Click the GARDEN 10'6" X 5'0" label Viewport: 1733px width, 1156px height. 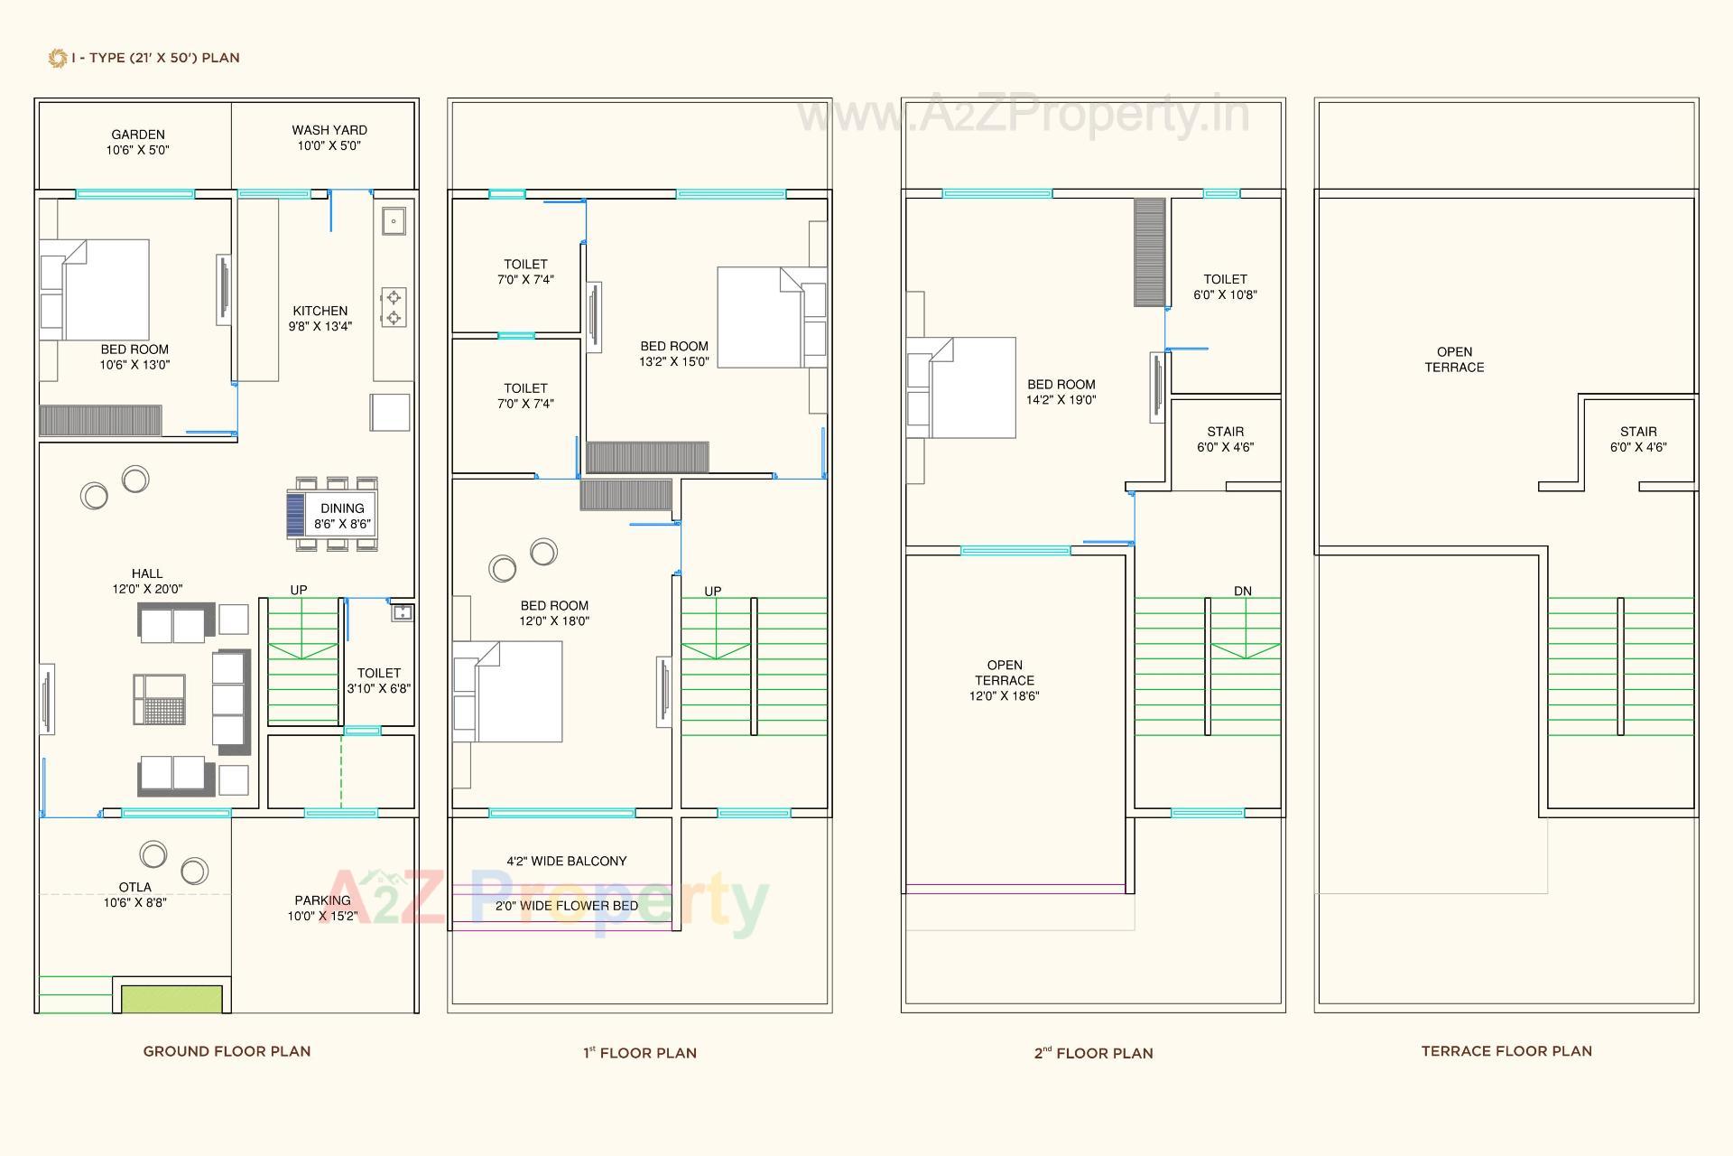(x=137, y=143)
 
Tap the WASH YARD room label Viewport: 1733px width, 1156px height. (x=329, y=137)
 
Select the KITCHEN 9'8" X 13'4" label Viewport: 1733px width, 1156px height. (x=320, y=318)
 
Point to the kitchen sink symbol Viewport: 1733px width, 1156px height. (x=394, y=220)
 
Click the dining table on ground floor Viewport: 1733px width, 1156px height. (x=332, y=516)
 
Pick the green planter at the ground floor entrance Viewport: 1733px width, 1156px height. (x=171, y=999)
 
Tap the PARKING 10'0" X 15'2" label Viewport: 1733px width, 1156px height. (x=322, y=908)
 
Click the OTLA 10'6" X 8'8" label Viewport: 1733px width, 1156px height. (x=134, y=894)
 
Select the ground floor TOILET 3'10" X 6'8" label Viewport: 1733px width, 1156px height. (x=378, y=680)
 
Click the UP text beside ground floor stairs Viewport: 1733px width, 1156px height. (x=299, y=590)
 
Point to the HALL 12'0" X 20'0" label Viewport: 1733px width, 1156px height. (x=147, y=581)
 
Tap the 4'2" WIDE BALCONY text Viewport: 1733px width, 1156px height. (x=566, y=861)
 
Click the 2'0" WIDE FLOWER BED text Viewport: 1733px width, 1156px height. (x=566, y=905)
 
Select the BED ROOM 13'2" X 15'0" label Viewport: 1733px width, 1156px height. (x=673, y=353)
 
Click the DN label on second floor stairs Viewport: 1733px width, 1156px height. (x=1243, y=591)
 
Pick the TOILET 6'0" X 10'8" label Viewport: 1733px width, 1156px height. (x=1225, y=286)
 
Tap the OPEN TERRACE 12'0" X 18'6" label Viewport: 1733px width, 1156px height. (x=1004, y=680)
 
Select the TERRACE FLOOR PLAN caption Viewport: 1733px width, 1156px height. (x=1506, y=1051)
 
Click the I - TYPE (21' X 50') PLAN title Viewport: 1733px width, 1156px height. (x=154, y=58)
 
